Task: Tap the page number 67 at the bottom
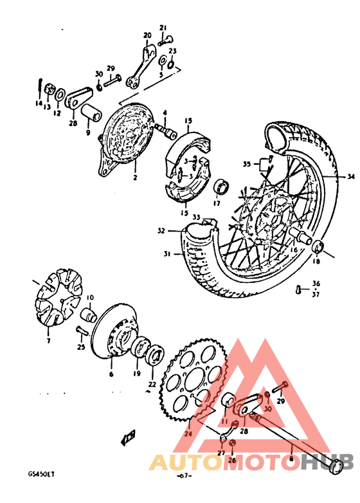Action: [x=184, y=476]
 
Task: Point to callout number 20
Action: [x=147, y=35]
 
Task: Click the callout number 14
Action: [x=39, y=104]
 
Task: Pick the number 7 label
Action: [x=48, y=340]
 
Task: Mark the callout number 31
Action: [x=167, y=254]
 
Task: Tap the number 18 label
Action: [x=315, y=262]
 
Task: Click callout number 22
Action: [x=152, y=385]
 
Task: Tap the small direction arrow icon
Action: [x=127, y=439]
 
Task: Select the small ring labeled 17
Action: [x=223, y=187]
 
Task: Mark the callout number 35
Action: [x=246, y=164]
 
